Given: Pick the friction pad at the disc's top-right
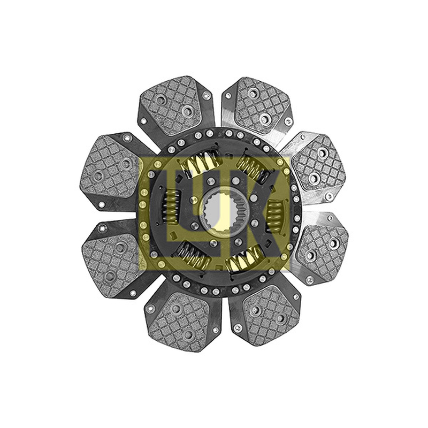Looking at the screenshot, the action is [x=261, y=106].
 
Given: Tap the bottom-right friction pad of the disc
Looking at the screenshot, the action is [x=270, y=316].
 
